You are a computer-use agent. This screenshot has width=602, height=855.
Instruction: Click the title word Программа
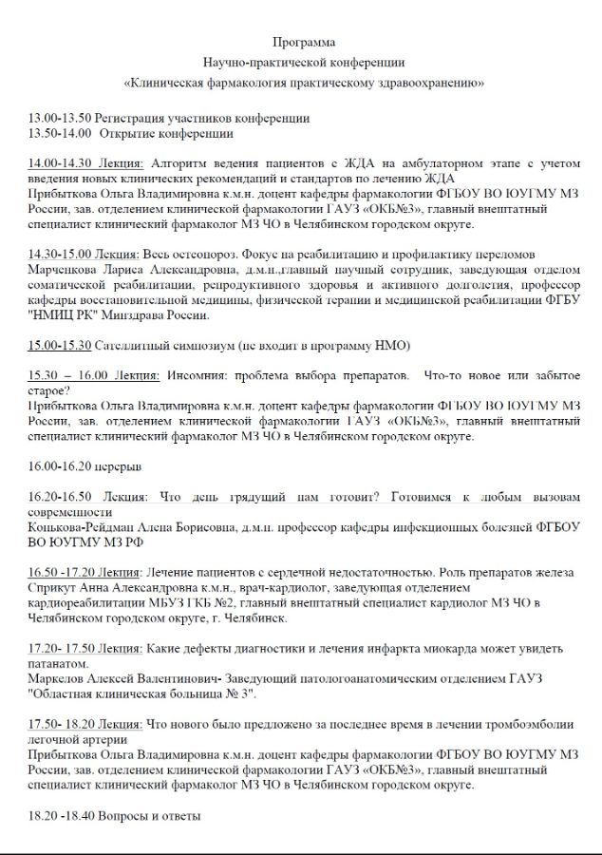coord(303,42)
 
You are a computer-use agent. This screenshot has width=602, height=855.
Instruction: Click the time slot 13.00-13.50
coord(60,118)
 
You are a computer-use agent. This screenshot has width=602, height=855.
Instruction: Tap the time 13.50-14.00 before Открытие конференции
coord(60,133)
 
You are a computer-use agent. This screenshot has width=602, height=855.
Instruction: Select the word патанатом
coord(60,664)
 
